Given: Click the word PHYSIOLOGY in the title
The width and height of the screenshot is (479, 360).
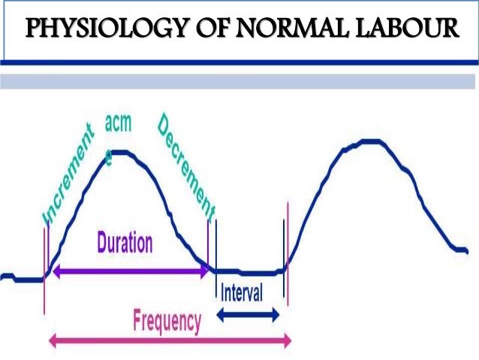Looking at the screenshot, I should (94, 29).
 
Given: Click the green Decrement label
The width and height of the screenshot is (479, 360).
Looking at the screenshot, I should (186, 166).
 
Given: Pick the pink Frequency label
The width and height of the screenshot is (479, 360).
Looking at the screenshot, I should (167, 322).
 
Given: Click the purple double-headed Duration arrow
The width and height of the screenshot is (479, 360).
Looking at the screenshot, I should (128, 274).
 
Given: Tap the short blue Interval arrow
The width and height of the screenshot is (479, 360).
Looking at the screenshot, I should (248, 316).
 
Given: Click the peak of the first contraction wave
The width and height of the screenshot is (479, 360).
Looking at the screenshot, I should (124, 153).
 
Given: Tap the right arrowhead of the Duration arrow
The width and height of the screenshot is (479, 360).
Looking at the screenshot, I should (206, 274).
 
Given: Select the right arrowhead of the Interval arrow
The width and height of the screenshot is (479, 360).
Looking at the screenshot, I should (277, 316).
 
